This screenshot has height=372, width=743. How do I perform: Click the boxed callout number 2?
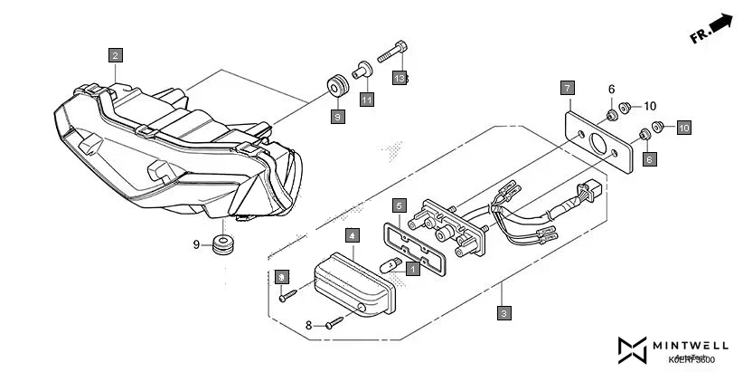[x=115, y=54]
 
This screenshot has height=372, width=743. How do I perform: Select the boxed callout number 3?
[x=503, y=312]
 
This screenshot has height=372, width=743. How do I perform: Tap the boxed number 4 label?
[x=352, y=234]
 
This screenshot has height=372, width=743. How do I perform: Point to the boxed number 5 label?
[x=399, y=206]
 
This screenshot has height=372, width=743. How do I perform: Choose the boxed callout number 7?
[x=567, y=88]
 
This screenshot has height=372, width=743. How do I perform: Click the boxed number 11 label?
[x=367, y=100]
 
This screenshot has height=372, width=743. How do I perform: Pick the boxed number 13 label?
[x=400, y=79]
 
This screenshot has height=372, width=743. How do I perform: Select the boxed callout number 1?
[x=413, y=269]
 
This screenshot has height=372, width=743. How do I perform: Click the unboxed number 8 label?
[x=308, y=323]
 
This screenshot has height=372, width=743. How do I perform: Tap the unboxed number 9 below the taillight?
[x=196, y=243]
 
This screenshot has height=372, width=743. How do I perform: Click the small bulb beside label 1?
[x=393, y=264]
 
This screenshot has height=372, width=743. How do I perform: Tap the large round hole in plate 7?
[x=597, y=144]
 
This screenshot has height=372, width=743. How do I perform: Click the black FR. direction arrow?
[x=720, y=22]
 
